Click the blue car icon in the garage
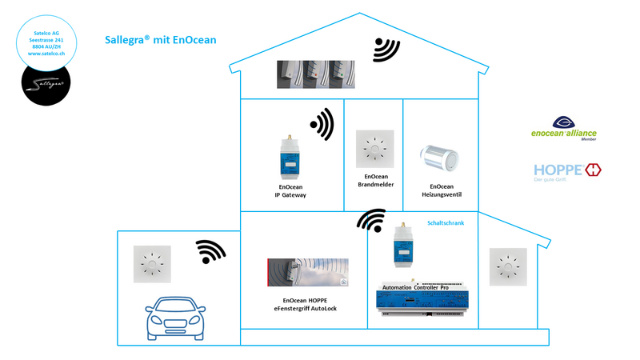(175, 318)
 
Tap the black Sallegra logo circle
(46, 82)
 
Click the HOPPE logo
(567, 170)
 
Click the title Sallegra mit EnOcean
(160, 39)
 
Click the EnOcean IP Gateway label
(290, 190)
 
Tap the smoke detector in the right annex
(507, 266)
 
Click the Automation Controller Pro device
(422, 298)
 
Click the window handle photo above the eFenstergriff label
(308, 272)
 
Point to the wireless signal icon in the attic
(386, 50)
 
